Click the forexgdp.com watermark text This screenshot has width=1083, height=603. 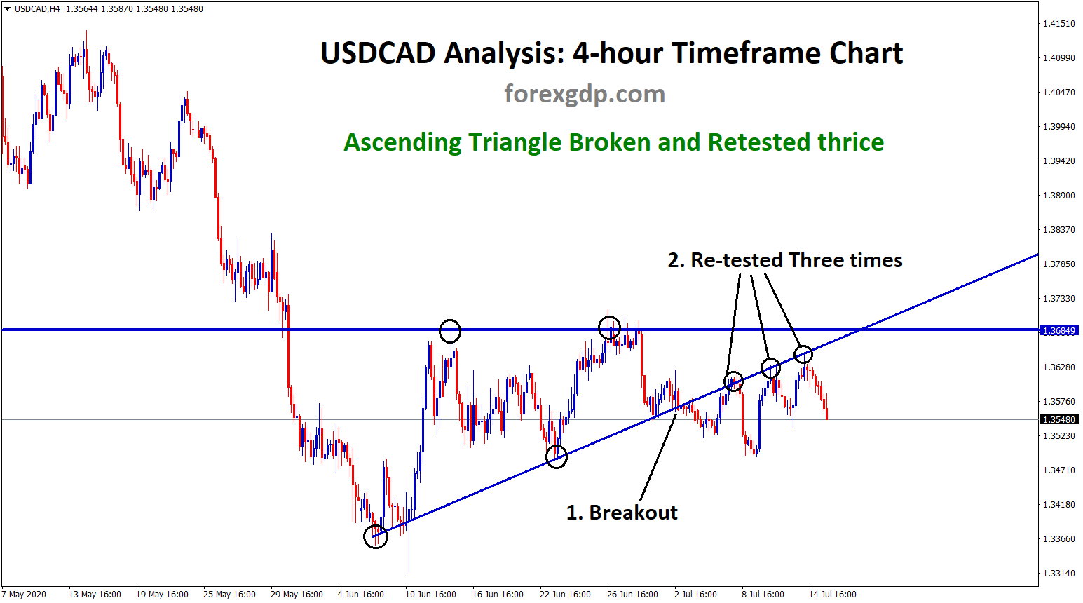click(585, 94)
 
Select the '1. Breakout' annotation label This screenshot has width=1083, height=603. click(622, 513)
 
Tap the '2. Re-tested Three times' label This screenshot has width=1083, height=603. click(784, 260)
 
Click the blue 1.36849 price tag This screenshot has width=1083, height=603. click(1058, 331)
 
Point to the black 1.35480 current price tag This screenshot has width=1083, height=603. click(1058, 420)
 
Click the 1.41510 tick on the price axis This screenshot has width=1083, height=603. click(1058, 24)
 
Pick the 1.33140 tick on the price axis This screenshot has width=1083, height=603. click(1058, 573)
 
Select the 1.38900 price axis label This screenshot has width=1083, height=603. click(1058, 196)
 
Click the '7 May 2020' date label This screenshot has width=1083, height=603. click(24, 595)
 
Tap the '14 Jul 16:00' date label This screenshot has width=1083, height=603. click(832, 595)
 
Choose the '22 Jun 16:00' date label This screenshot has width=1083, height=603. click(565, 595)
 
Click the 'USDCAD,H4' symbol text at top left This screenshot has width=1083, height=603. click(36, 9)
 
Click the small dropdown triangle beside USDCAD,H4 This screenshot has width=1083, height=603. click(7, 8)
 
